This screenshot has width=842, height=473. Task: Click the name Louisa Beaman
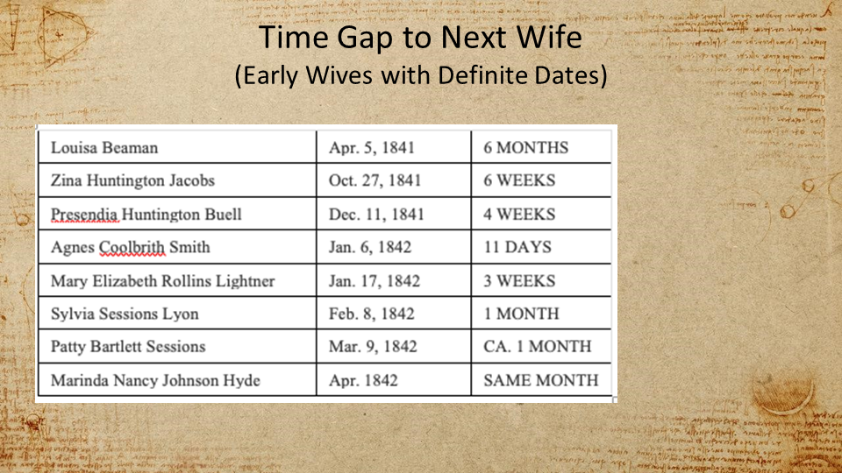pos(104,147)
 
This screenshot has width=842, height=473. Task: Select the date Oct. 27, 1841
pos(375,180)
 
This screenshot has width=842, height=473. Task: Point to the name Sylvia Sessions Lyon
pos(125,314)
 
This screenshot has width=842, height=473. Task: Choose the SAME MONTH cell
pos(541,380)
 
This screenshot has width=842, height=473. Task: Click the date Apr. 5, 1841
pos(372,148)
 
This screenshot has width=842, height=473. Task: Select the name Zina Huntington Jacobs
pos(132,180)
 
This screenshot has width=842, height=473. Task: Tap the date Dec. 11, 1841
pos(376,215)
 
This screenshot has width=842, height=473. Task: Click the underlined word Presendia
pos(84,215)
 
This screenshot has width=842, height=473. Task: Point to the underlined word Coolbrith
pos(132,247)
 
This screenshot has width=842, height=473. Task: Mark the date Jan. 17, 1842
pos(375,281)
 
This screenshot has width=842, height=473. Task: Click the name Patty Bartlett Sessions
pos(128,347)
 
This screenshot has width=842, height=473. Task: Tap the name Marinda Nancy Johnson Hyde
pos(156,381)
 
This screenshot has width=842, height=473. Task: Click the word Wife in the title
pos(549,37)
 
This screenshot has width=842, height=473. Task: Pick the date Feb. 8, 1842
pos(372,314)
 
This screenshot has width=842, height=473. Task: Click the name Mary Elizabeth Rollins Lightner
pos(163,281)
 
